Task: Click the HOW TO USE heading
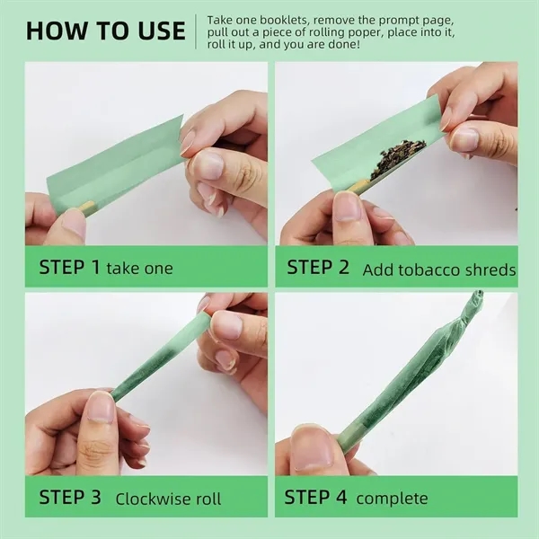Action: [x=105, y=31]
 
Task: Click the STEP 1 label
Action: [x=70, y=267]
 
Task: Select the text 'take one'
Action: [x=139, y=268]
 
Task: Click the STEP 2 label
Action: [x=318, y=268]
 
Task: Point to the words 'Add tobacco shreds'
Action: [x=438, y=269]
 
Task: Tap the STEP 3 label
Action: [x=70, y=498]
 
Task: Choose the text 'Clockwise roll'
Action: [x=168, y=499]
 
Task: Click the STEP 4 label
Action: [x=316, y=498]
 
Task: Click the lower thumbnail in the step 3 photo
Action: [x=100, y=408]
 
